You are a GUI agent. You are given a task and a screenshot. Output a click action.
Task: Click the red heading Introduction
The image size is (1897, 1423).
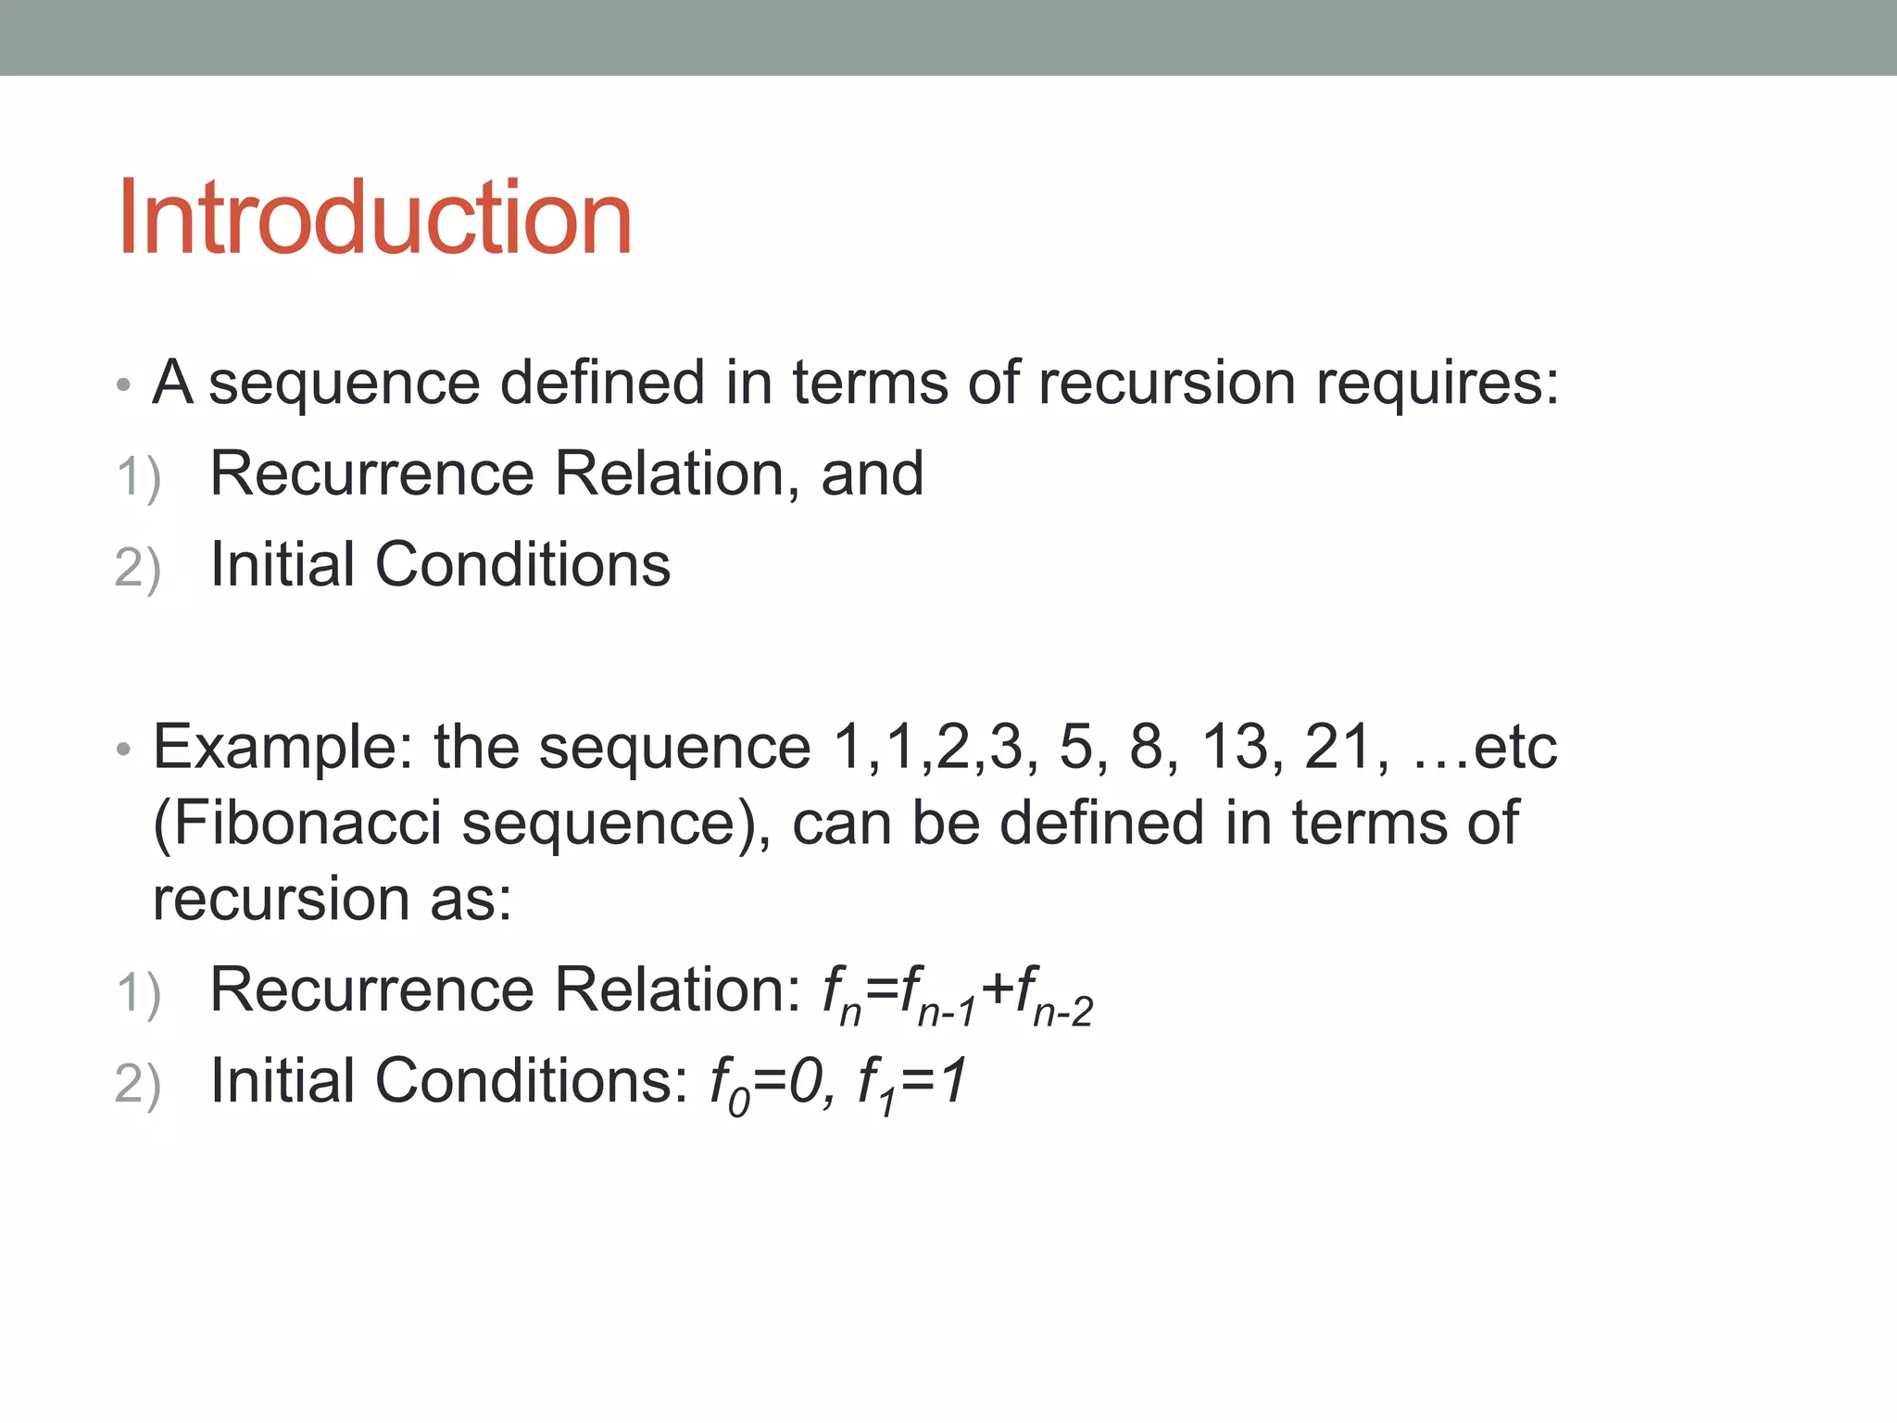pyautogui.click(x=374, y=218)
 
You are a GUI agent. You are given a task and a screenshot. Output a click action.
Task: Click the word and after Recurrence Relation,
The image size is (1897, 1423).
pyautogui.click(x=872, y=473)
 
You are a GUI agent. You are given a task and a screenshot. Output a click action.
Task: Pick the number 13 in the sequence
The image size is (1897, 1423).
pyautogui.click(x=1236, y=747)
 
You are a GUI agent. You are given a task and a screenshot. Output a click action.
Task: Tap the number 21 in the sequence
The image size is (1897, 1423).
pyautogui.click(x=1338, y=747)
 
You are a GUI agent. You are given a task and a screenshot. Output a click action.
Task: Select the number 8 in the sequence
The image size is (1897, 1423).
pyautogui.click(x=1146, y=747)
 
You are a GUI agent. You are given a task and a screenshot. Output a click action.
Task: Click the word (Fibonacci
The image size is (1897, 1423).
pyautogui.click(x=296, y=823)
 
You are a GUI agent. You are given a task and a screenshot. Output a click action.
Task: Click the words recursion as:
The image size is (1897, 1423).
pyautogui.click(x=332, y=899)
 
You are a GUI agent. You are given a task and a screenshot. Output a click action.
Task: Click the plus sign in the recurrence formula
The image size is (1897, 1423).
pyautogui.click(x=999, y=988)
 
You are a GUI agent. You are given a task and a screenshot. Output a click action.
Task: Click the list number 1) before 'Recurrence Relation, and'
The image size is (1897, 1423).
pyautogui.click(x=139, y=478)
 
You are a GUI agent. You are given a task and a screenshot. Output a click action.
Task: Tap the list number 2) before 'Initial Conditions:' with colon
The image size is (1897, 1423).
pyautogui.click(x=138, y=1084)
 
